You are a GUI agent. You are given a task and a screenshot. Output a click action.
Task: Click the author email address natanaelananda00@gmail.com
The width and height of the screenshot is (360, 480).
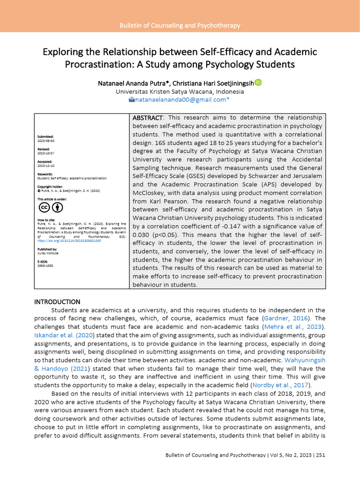[180, 100]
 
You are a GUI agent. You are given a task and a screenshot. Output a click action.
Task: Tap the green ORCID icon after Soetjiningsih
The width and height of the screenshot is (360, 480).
[258, 83]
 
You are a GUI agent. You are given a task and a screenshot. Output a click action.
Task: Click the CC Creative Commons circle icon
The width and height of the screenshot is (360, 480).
[45, 208]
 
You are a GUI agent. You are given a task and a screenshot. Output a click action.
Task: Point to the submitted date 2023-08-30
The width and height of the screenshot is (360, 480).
[46, 141]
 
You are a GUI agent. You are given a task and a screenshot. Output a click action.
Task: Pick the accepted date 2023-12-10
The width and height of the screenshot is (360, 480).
[46, 165]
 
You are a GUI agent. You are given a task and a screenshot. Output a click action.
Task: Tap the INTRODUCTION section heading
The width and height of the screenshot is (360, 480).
[57, 301]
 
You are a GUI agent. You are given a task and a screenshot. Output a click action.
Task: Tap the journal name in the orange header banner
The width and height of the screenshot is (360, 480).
[180, 25]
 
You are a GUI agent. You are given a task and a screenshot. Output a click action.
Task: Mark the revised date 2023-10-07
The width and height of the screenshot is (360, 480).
[46, 153]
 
